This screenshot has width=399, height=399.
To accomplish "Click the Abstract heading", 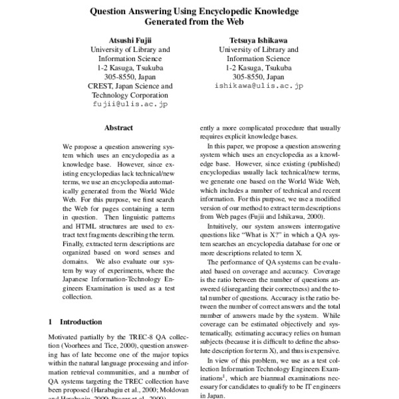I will (119, 128).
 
